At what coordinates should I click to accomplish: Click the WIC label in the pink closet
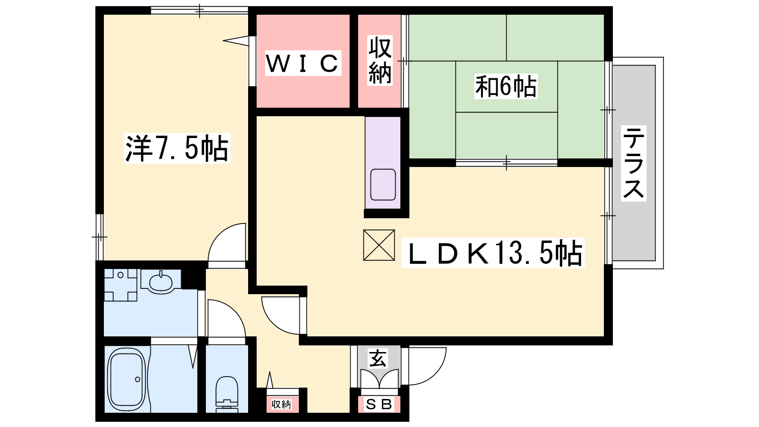coord(303,63)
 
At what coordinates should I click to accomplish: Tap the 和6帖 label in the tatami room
coord(506,86)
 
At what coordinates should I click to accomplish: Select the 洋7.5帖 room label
coord(176,148)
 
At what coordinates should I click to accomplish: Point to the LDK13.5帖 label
coord(493,253)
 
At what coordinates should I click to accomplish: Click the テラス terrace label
coord(634,163)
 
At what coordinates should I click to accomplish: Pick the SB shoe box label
coord(379,404)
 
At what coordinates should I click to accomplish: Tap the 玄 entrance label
coord(378,359)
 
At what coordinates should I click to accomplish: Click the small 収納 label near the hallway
coord(281,404)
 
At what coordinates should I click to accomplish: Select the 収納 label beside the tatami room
coord(380,61)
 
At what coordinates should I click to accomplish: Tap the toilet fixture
coord(227,393)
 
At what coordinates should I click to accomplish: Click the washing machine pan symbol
coord(120,285)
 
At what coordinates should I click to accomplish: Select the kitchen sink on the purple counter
coord(383,185)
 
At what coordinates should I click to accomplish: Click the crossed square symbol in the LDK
coord(379,245)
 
